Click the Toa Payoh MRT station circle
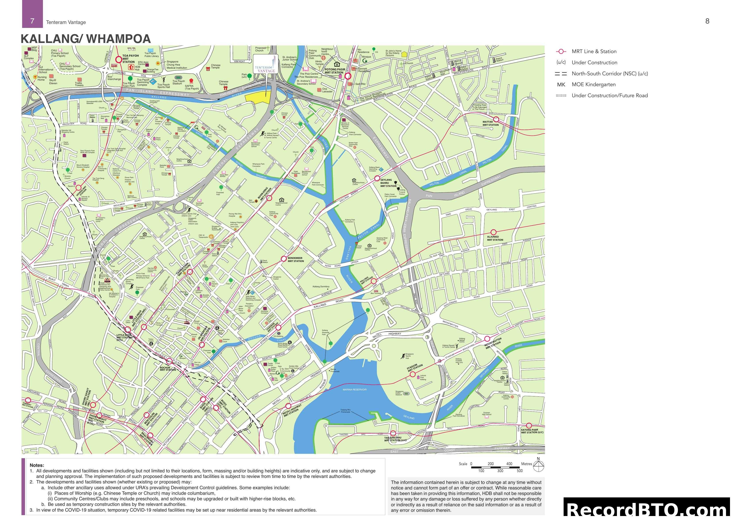click(119, 59)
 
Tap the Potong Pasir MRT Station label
click(335, 71)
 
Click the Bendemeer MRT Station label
click(296, 260)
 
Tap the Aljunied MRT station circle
click(493, 232)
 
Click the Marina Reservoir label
click(354, 390)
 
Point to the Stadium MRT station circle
click(412, 374)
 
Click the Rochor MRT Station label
click(168, 369)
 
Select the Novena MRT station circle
click(78, 188)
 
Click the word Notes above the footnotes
click(37, 465)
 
